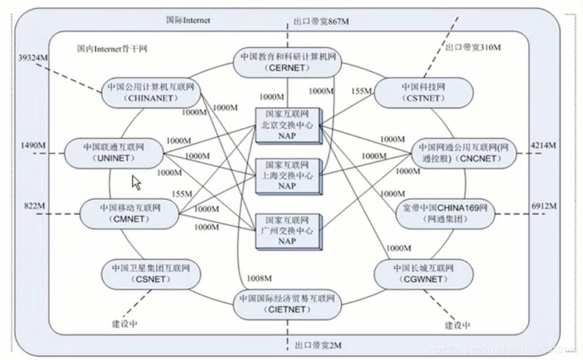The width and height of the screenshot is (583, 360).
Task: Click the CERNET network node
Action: pyautogui.click(x=287, y=62)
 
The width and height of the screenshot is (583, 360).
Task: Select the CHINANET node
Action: pyautogui.click(x=151, y=92)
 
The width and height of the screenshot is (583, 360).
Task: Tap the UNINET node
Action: pyautogui.click(x=113, y=153)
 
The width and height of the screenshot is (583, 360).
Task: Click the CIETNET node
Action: pyautogui.click(x=287, y=304)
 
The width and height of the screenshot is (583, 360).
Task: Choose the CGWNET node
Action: pyautogui.click(x=423, y=274)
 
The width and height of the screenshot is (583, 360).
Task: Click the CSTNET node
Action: pyautogui.click(x=423, y=92)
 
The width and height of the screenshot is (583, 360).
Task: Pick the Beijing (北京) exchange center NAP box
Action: pyautogui.click(x=287, y=125)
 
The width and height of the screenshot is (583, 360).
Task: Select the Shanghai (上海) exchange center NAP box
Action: pyautogui.click(x=287, y=176)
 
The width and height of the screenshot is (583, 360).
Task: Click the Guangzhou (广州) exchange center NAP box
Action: pyautogui.click(x=287, y=230)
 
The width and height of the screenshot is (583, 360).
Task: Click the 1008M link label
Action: pyautogui.click(x=260, y=278)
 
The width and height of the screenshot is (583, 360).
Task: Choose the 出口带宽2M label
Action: pyautogui.click(x=318, y=346)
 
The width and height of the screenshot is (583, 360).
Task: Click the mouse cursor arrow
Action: pyautogui.click(x=135, y=182)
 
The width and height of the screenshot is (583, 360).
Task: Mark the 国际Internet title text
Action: pyautogui.click(x=188, y=20)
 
